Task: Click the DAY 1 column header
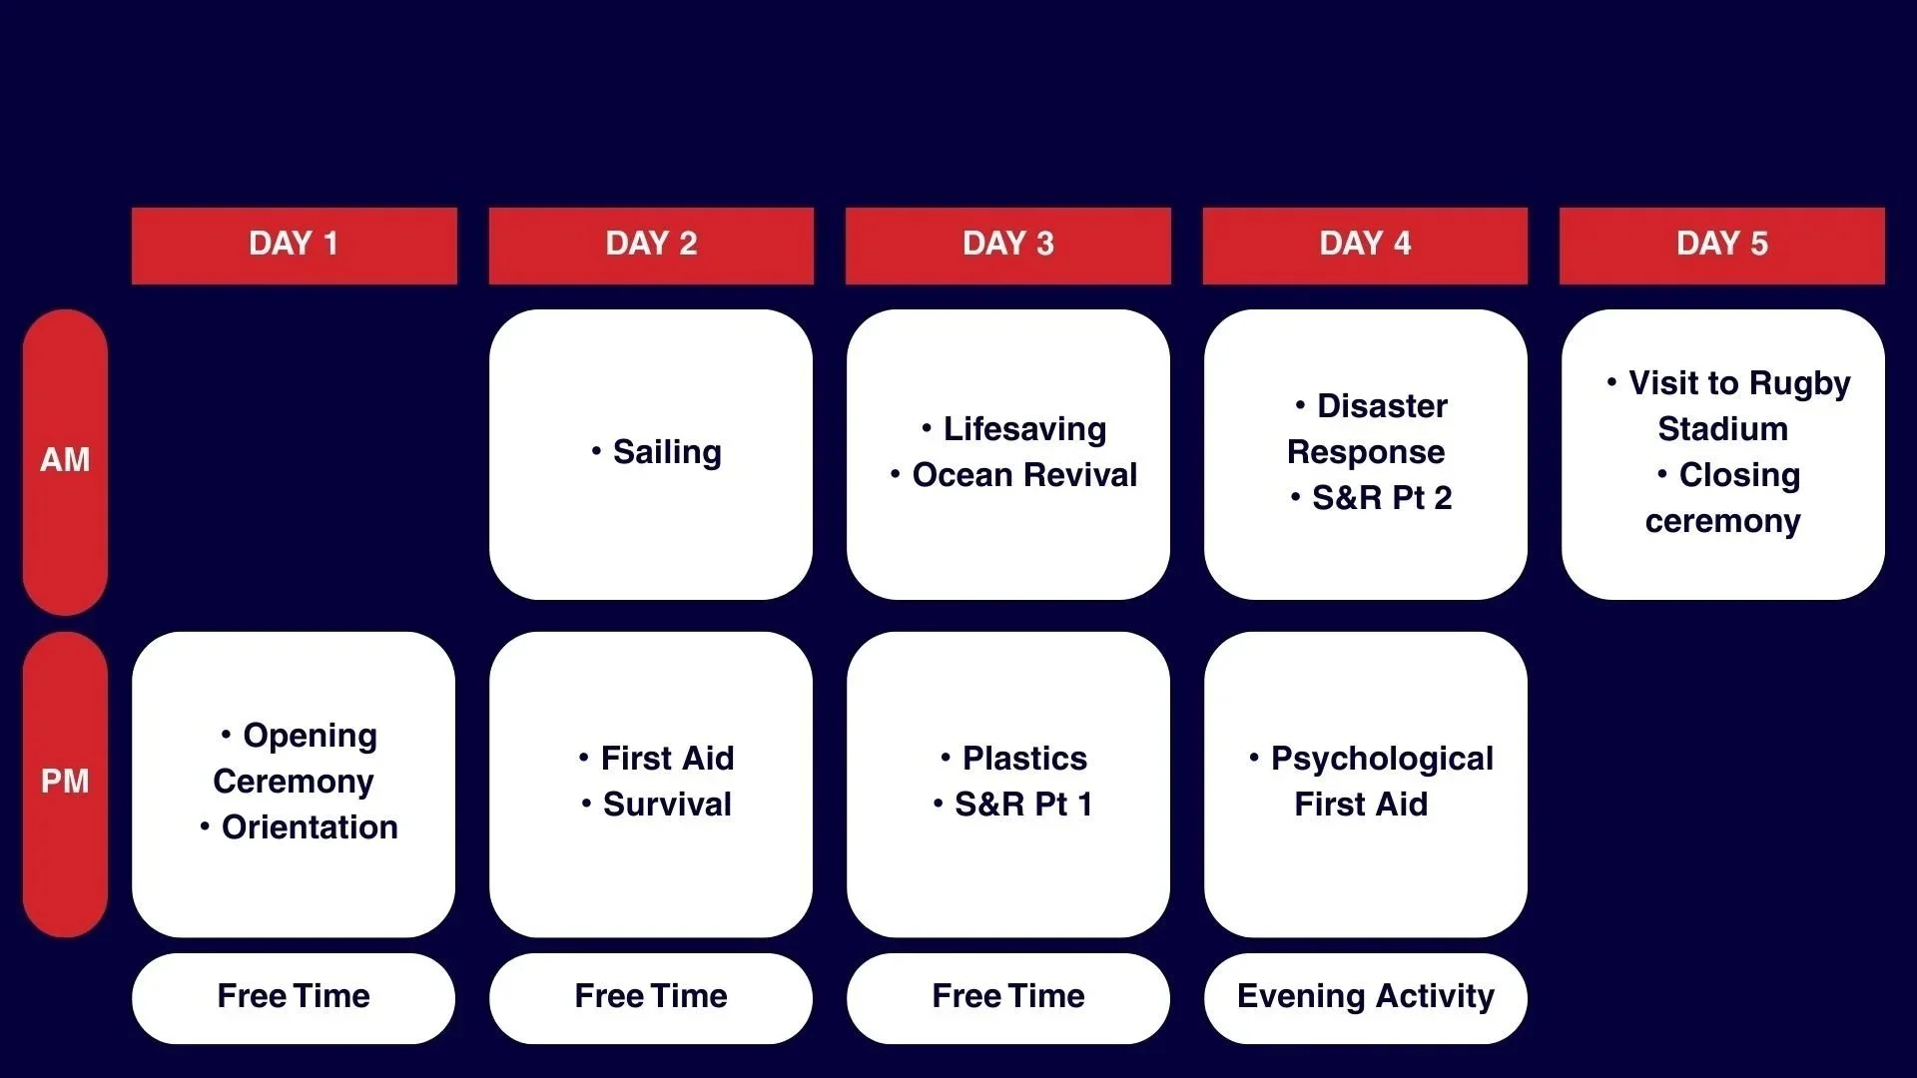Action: (x=294, y=245)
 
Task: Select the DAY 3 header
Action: (x=1007, y=245)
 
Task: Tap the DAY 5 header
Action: (x=1721, y=245)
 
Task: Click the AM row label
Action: (x=65, y=460)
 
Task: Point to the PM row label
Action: (x=65, y=782)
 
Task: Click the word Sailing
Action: (x=667, y=452)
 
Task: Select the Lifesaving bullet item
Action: (x=1024, y=429)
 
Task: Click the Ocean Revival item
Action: (x=1024, y=475)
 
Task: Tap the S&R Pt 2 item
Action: (x=1382, y=498)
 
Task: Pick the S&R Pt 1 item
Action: (x=1023, y=805)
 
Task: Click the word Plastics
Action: (x=1024, y=759)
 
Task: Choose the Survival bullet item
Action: (x=667, y=805)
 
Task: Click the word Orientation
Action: (x=310, y=827)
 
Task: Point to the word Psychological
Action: (x=1382, y=759)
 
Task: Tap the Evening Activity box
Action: (x=1365, y=997)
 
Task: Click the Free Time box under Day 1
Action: (x=294, y=997)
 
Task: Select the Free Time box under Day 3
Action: (x=1007, y=997)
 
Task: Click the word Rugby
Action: (x=1800, y=383)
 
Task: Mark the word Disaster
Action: (x=1382, y=406)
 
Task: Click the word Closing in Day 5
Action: (x=1739, y=475)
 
